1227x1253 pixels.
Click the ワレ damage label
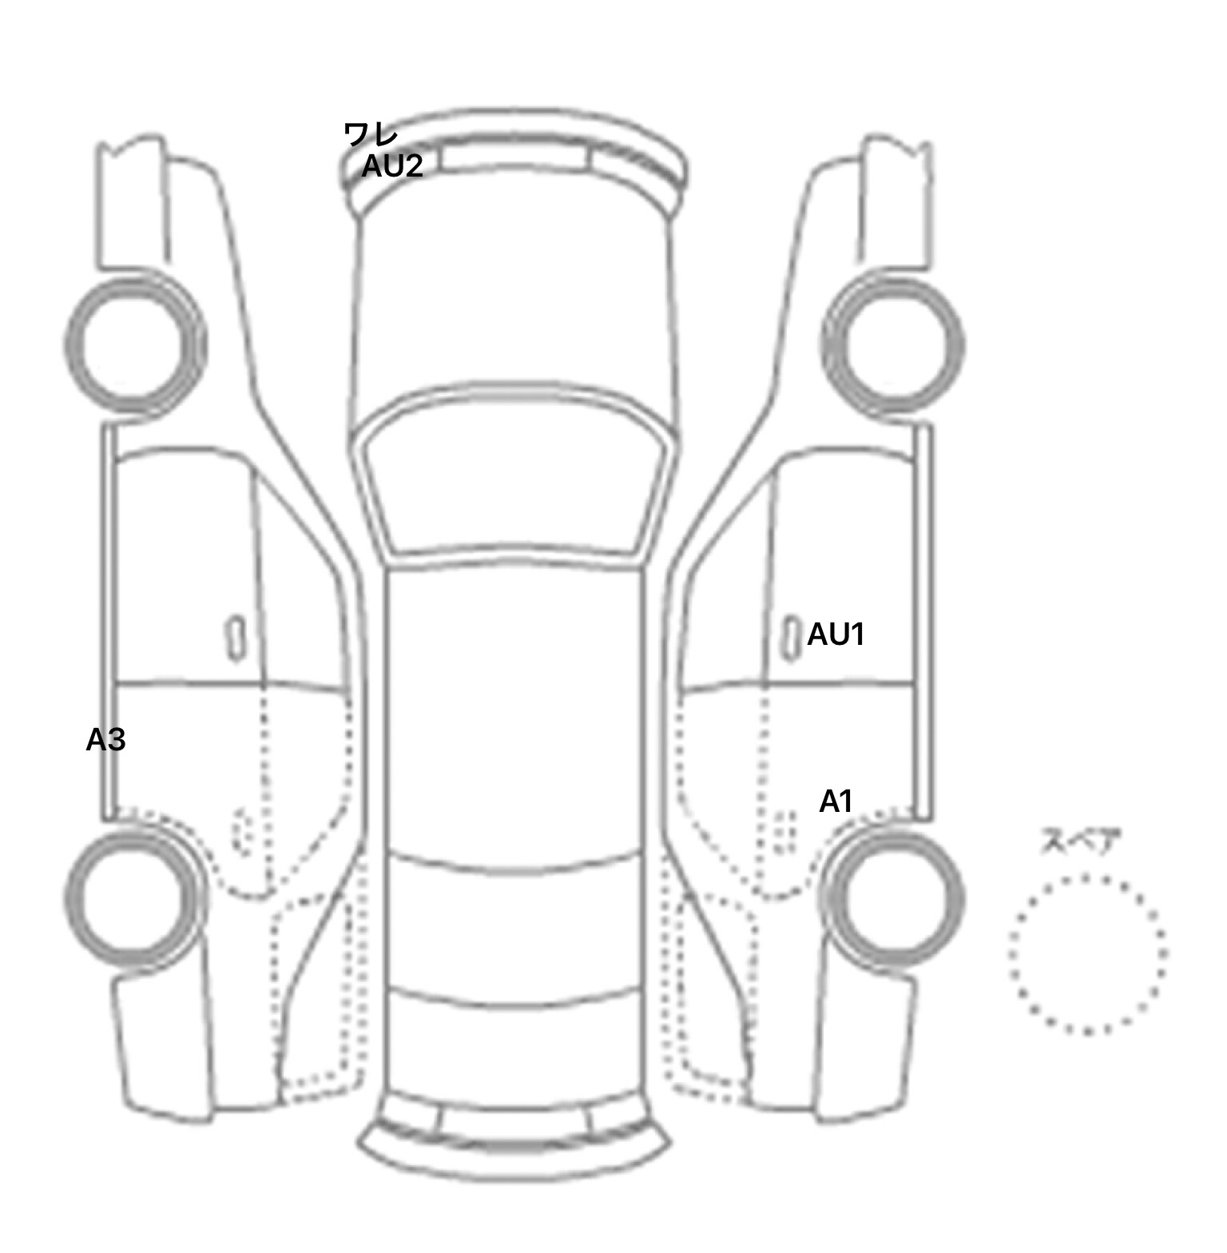pos(370,133)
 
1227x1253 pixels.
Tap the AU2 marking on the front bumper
pos(391,166)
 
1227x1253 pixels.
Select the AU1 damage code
pos(836,634)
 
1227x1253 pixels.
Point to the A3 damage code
pos(105,741)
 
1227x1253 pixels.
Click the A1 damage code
pos(836,802)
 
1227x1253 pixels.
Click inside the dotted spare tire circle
pos(1087,953)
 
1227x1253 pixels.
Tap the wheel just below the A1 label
pos(894,896)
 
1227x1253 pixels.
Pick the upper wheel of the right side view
pos(893,344)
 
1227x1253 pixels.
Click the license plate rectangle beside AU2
pos(514,158)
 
